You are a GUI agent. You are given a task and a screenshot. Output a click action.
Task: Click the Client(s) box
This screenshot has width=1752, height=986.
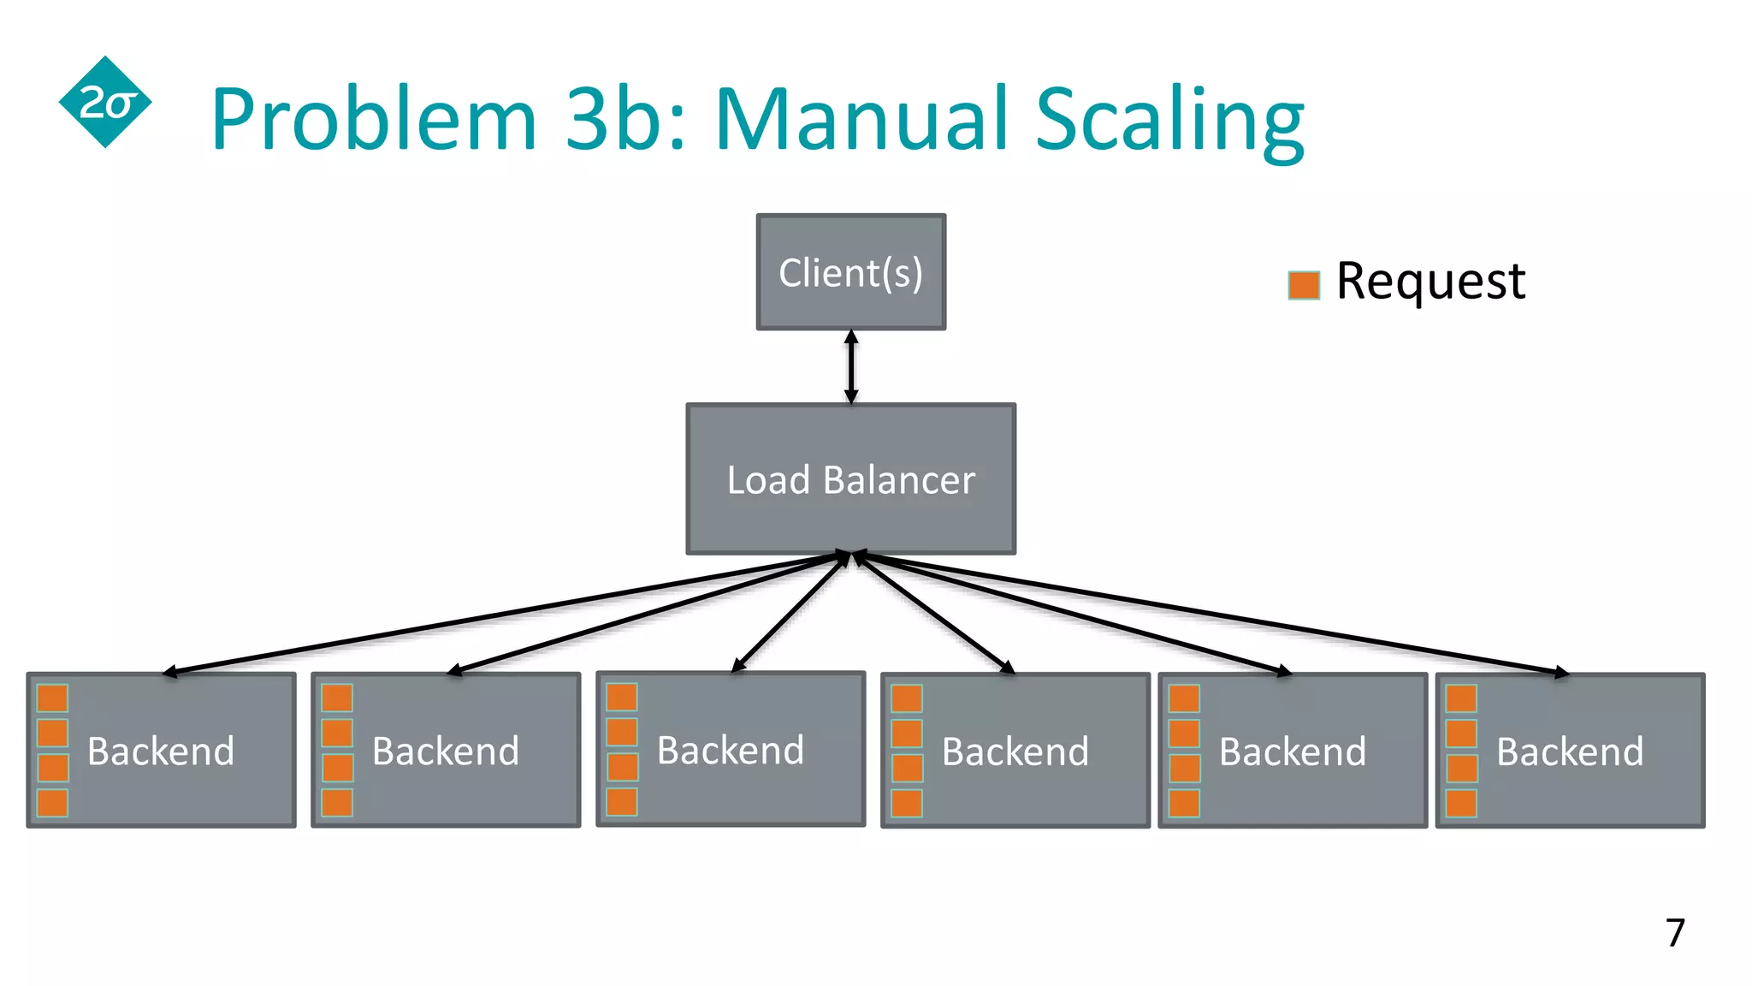pyautogui.click(x=850, y=272)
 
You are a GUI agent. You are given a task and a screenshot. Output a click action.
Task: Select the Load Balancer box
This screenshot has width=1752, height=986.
pyautogui.click(x=850, y=479)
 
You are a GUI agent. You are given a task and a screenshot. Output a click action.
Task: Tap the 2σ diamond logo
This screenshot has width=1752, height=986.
pyautogui.click(x=105, y=103)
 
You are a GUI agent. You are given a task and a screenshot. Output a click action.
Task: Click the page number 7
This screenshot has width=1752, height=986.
pyautogui.click(x=1674, y=933)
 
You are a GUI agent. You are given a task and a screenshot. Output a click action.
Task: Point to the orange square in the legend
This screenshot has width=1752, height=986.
pyautogui.click(x=1304, y=285)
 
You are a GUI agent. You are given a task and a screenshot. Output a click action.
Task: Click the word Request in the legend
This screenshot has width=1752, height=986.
pyautogui.click(x=1430, y=281)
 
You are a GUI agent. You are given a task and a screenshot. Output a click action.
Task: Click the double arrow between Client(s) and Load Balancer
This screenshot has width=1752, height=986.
pyautogui.click(x=850, y=366)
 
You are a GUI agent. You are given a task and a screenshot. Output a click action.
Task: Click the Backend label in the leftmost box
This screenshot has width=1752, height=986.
pyautogui.click(x=161, y=751)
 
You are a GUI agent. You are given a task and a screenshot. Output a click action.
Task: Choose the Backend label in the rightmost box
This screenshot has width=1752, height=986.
pyautogui.click(x=1570, y=751)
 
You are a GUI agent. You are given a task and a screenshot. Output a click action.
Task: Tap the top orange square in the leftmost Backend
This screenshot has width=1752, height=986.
pyautogui.click(x=52, y=698)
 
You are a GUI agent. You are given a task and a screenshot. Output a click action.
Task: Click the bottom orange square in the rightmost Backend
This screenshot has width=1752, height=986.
pyautogui.click(x=1461, y=803)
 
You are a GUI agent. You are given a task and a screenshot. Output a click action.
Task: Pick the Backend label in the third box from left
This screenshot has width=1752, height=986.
pyautogui.click(x=731, y=751)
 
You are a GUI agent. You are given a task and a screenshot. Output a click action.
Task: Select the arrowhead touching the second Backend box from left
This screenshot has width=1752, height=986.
pyautogui.click(x=455, y=671)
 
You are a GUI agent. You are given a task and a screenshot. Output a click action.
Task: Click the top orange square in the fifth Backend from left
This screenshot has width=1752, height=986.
pyautogui.click(x=1184, y=698)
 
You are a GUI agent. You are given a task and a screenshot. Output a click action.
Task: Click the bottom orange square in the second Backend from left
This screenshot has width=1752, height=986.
pyautogui.click(x=337, y=803)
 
